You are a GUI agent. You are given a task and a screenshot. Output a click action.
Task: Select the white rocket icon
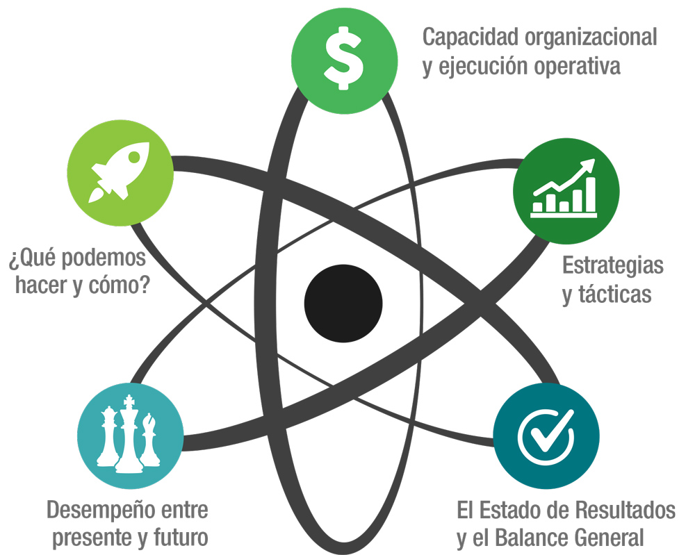tap(119, 172)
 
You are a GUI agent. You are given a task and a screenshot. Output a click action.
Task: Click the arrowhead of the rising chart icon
tap(590, 165)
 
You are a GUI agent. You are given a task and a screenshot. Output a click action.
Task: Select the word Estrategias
tap(613, 265)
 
